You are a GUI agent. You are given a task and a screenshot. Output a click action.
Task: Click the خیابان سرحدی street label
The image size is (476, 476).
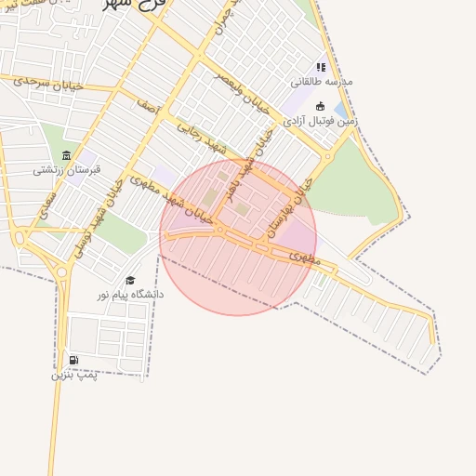(48, 83)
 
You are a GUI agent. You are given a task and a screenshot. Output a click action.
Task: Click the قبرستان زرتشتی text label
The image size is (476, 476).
(66, 169)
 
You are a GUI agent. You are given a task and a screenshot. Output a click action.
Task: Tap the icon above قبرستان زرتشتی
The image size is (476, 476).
(66, 155)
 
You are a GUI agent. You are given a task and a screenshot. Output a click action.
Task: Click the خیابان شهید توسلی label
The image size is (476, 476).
(99, 215)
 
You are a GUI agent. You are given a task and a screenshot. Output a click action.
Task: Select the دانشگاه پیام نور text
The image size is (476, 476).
(130, 294)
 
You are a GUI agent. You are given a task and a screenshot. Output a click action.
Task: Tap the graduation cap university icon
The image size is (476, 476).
(130, 280)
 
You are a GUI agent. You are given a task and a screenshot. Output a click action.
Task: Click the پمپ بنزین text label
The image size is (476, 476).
(73, 375)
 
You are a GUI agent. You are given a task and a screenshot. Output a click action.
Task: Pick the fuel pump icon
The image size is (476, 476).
(73, 361)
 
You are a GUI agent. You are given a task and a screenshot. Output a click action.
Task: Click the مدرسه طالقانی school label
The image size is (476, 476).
(322, 81)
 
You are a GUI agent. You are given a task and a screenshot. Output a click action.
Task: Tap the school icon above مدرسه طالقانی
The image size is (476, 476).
(322, 67)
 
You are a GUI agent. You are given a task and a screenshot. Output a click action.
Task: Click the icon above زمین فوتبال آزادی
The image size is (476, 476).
(321, 106)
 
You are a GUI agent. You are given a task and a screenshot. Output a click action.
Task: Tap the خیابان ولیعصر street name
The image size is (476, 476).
(243, 96)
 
